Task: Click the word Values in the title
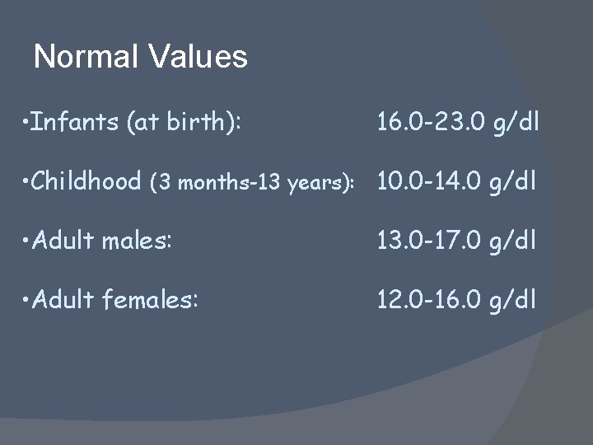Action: pos(198,57)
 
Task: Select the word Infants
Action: pos(77,123)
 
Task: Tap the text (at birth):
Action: pos(184,124)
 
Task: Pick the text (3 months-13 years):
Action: pos(260,183)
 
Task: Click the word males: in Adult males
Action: pos(146,240)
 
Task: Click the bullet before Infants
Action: pos(28,124)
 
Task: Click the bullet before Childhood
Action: pos(28,182)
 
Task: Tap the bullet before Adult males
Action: pos(28,241)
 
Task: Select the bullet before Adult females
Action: pos(28,299)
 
